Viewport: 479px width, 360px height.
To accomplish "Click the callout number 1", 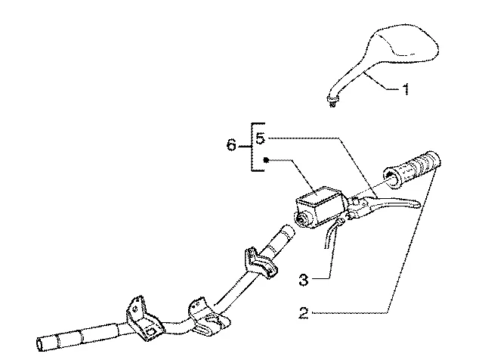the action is pyautogui.click(x=406, y=89).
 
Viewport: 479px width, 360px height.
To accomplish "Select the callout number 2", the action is pyautogui.click(x=304, y=313).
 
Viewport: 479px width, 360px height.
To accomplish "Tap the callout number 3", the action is pyautogui.click(x=304, y=280).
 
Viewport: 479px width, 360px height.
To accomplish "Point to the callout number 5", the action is pyautogui.click(x=260, y=138).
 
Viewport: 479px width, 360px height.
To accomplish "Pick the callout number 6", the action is pyautogui.click(x=231, y=144).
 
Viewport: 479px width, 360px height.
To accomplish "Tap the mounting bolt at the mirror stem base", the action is pyautogui.click(x=332, y=101).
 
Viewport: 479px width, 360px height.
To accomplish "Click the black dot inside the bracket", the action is pyautogui.click(x=266, y=160).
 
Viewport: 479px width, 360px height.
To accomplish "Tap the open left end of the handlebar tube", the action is pyautogui.click(x=40, y=344).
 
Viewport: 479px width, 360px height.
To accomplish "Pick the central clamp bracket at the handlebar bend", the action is pyautogui.click(x=209, y=317).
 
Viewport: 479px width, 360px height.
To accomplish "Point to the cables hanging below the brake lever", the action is pyautogui.click(x=332, y=235).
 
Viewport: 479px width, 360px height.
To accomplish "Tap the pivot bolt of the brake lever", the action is pyautogui.click(x=355, y=202).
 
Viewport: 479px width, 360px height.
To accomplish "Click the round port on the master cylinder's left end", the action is pyautogui.click(x=303, y=219).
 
